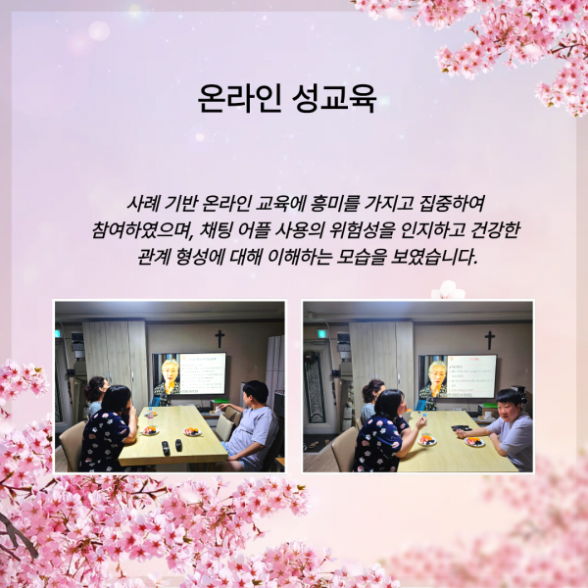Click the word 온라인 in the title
[x=239, y=98]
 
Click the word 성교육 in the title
[x=334, y=98]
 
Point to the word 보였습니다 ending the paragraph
[x=433, y=257]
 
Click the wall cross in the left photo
[x=220, y=339]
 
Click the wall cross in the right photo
[x=489, y=340]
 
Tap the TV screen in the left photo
[x=189, y=373]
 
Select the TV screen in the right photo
[x=458, y=376]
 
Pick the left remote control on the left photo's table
[x=166, y=448]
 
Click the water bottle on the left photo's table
[x=150, y=413]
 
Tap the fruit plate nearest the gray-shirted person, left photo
[x=192, y=432]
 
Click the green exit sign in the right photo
[x=322, y=334]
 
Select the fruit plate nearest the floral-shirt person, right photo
[x=427, y=440]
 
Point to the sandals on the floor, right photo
[x=314, y=445]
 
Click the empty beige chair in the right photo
[x=342, y=449]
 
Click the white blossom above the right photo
[x=449, y=291]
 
